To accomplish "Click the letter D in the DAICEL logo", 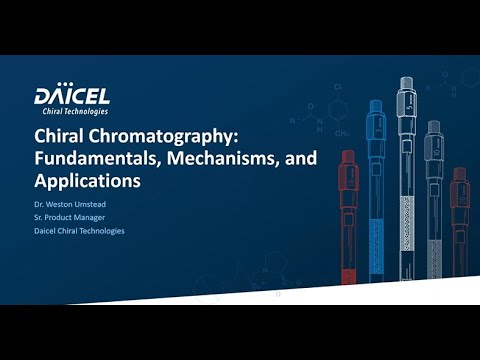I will point(43,97).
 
